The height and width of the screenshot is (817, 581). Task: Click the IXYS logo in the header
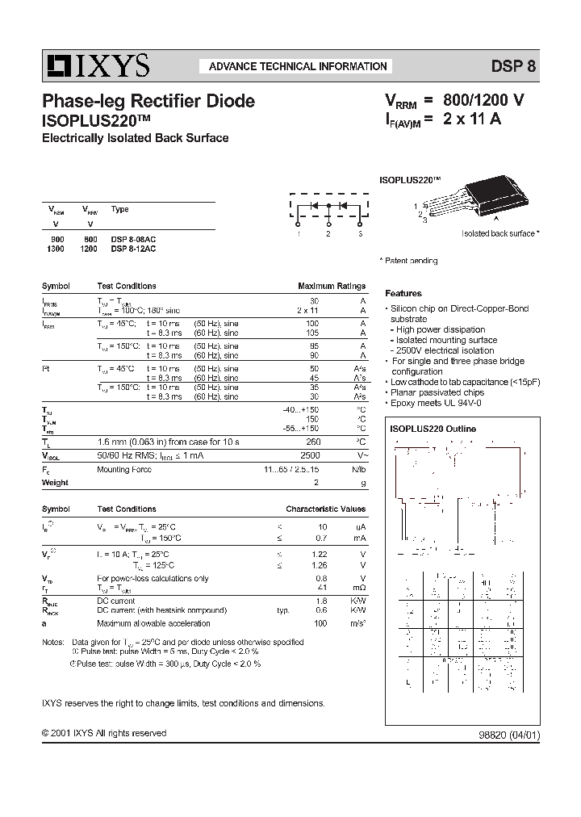click(x=96, y=65)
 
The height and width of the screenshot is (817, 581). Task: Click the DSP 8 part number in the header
click(x=513, y=67)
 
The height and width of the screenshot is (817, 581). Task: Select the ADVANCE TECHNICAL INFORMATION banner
click(x=298, y=66)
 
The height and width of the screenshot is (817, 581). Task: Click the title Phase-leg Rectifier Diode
click(x=148, y=101)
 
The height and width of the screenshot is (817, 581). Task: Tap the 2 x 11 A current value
click(x=472, y=119)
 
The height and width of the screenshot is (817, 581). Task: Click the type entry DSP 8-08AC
click(x=133, y=239)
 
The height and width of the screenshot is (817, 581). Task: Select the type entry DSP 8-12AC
click(x=133, y=249)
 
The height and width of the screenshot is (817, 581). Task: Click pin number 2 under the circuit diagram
click(x=328, y=233)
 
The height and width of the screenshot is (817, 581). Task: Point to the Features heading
click(x=403, y=294)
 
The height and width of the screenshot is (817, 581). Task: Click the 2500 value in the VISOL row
click(x=310, y=455)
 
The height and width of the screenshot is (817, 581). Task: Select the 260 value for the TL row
click(x=313, y=442)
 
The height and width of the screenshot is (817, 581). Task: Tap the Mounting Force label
click(x=123, y=468)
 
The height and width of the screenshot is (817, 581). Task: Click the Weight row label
click(x=55, y=482)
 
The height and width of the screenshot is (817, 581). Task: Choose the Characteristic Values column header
click(x=325, y=509)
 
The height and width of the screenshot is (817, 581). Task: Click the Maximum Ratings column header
click(x=332, y=287)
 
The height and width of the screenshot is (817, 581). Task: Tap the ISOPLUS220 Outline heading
click(x=433, y=429)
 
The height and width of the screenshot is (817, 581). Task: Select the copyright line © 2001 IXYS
click(x=104, y=733)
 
